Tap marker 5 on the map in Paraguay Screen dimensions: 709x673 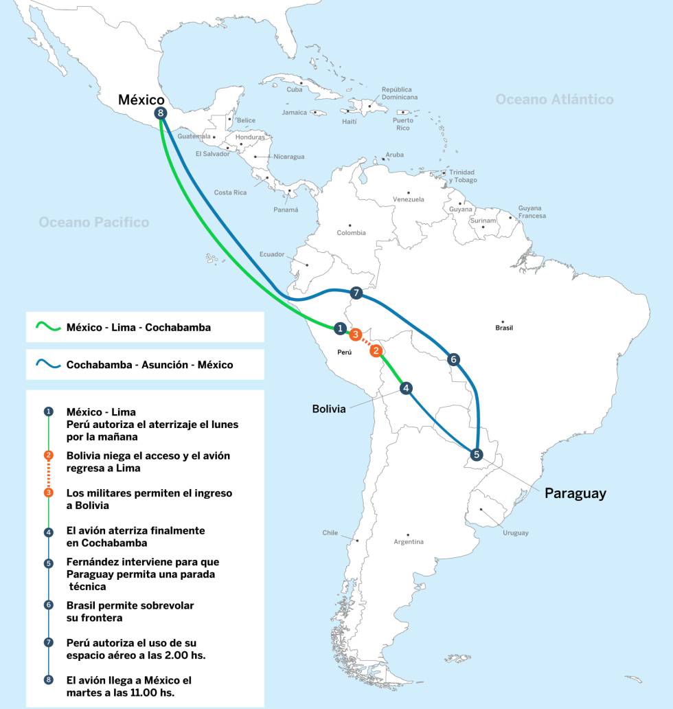tap(477, 454)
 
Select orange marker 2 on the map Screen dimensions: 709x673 tap(376, 351)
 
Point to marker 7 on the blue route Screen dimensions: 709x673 tap(356, 293)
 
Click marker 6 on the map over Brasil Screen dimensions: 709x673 tap(453, 359)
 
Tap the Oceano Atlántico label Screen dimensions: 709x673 tap(554, 100)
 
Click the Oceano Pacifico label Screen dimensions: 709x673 tap(93, 222)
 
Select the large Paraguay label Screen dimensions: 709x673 tap(575, 493)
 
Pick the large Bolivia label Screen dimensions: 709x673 tap(328, 409)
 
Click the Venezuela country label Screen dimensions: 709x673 tap(408, 199)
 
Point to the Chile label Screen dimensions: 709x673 tap(330, 532)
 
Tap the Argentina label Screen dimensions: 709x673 tap(409, 542)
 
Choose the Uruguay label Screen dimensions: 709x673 tap(515, 532)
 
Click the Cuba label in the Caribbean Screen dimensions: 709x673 tap(294, 89)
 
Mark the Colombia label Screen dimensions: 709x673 tap(351, 233)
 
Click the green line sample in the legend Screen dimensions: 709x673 tap(46, 327)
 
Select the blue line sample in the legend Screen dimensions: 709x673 tap(46, 365)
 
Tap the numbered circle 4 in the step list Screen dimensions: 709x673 tap(48, 532)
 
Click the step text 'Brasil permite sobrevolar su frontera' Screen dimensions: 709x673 tap(130, 611)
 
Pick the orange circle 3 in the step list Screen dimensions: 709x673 tap(48, 493)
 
